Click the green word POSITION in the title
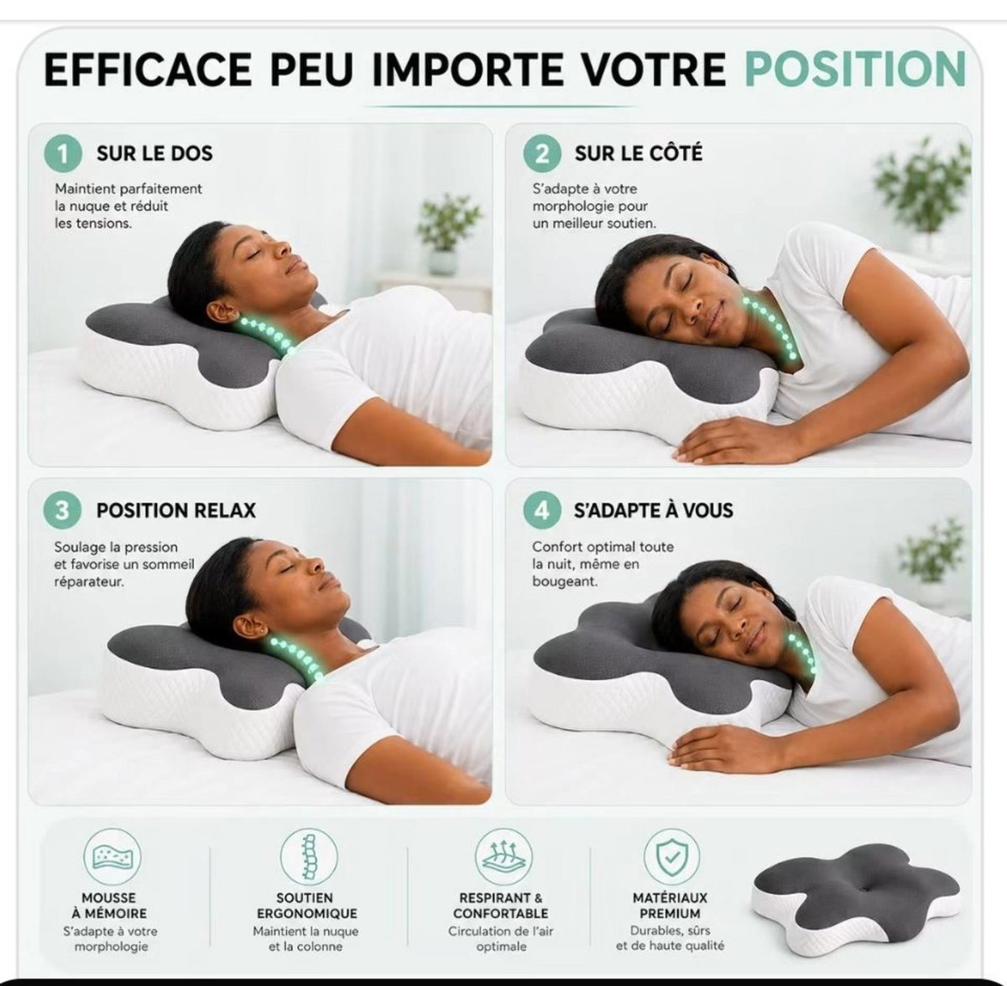855,69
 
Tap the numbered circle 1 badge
63,154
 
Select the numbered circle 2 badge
542,154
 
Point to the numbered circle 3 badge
62,510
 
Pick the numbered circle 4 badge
542,510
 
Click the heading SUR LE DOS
154,154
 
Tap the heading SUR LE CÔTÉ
639,154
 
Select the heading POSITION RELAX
176,510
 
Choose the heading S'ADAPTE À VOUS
654,509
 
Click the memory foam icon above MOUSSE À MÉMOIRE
112,857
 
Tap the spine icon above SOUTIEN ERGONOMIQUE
309,857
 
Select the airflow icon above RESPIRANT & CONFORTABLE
503,857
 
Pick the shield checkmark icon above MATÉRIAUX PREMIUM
672,857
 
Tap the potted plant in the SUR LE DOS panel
447,233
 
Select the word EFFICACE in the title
148,69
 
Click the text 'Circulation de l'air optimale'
501,938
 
